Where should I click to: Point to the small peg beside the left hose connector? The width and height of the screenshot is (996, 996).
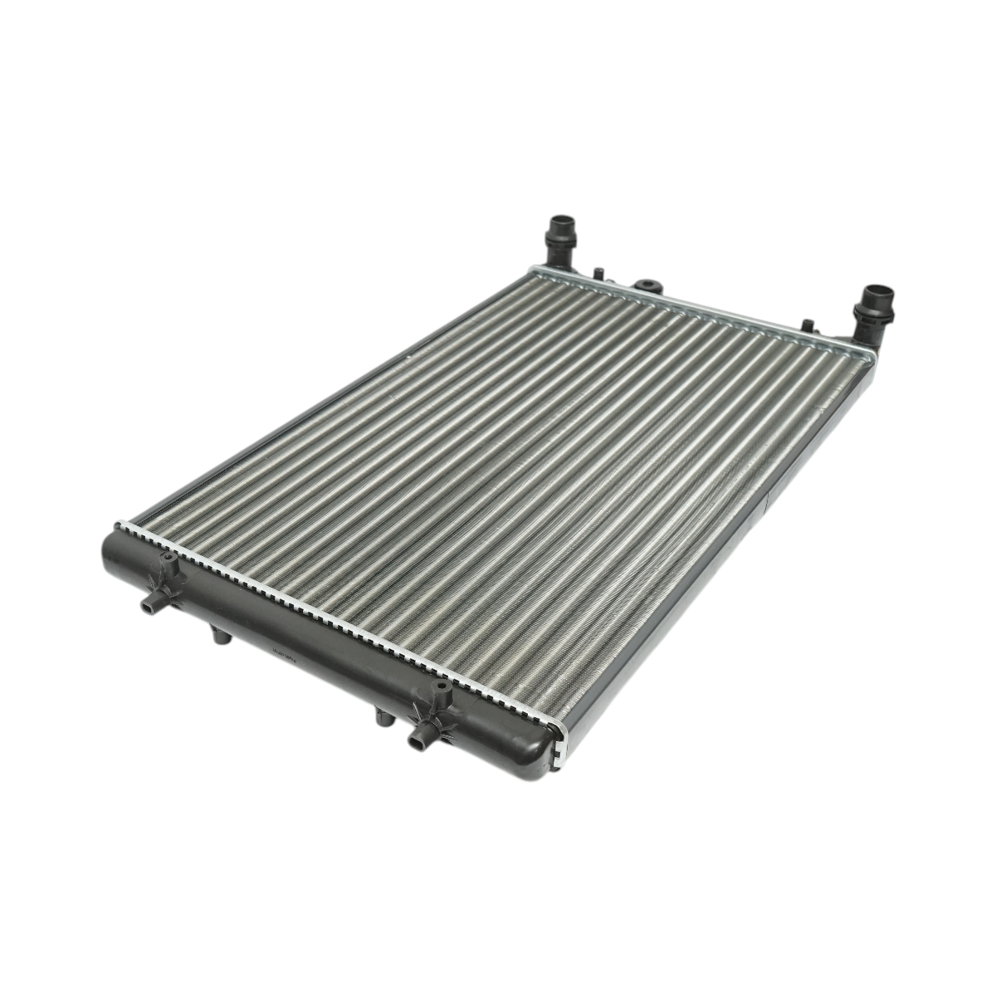click(597, 271)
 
